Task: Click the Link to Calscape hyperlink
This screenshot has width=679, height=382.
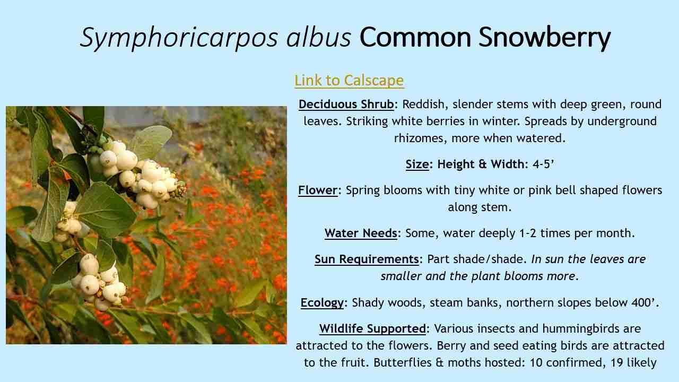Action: point(349,80)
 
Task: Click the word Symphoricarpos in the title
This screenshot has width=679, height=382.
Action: point(179,38)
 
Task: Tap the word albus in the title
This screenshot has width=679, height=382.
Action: point(319,37)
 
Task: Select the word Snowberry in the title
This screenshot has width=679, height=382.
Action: point(545,38)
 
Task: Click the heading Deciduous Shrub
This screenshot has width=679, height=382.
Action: point(346,105)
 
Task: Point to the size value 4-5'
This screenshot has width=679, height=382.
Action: point(543,164)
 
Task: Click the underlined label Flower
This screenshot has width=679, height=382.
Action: point(318,190)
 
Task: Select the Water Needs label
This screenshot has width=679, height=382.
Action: point(361,233)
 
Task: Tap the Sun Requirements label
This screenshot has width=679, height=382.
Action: point(367,259)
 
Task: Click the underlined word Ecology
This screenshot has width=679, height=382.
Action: point(322,302)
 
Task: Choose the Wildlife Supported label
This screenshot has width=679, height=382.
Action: point(372,328)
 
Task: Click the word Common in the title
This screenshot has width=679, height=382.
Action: point(415,37)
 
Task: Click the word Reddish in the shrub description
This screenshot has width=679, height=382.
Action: point(425,105)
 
